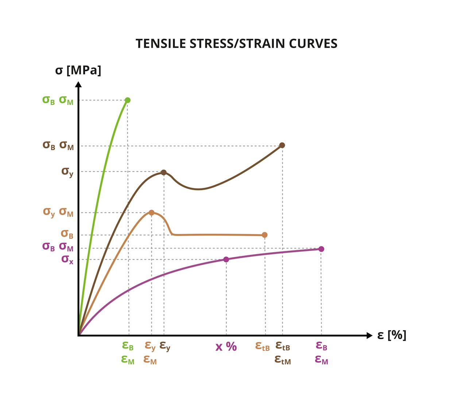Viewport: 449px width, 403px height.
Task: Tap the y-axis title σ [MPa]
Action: [78, 70]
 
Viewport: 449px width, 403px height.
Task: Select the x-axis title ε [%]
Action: [391, 335]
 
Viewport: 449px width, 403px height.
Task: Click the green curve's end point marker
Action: [128, 100]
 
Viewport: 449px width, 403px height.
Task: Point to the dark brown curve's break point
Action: [282, 145]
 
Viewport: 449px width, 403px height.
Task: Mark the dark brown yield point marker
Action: [164, 173]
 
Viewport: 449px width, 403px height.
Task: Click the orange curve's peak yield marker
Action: [151, 213]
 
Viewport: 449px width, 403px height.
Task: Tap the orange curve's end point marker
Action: [265, 235]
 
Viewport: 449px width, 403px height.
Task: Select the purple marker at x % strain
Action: [226, 259]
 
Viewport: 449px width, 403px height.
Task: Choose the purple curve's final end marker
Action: [321, 249]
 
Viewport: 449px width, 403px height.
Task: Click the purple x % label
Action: [226, 346]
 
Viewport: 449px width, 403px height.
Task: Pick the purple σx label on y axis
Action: [67, 259]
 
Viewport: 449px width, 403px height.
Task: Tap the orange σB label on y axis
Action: [67, 234]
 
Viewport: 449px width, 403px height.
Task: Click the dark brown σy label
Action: [67, 171]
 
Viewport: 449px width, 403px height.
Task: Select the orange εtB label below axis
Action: [262, 346]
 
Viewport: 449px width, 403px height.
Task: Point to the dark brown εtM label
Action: [282, 360]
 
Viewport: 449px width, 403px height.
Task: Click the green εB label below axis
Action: [128, 346]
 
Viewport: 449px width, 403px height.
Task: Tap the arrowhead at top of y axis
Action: [78, 85]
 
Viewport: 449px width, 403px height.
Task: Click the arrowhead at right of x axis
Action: [369, 336]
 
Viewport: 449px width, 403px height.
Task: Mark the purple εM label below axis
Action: [321, 360]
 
